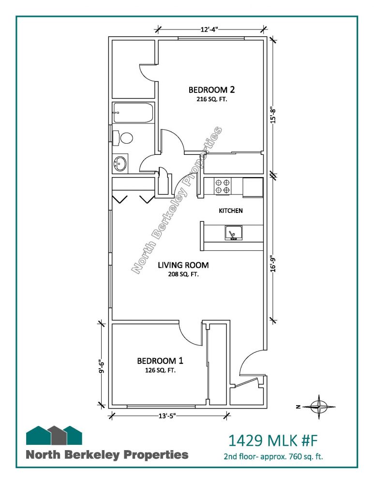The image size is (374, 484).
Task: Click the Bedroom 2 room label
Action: point(211,90)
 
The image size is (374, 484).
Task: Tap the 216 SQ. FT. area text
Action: point(212,99)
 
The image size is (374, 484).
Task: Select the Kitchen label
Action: point(230,211)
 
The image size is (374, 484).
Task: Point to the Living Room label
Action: point(183,265)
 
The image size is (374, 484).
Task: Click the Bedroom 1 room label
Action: point(160,361)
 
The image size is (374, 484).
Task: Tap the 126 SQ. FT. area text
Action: point(160,370)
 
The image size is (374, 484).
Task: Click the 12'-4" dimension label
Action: point(209,30)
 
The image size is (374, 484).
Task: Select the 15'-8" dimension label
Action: point(273,115)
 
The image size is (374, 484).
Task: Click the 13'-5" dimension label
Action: point(167,416)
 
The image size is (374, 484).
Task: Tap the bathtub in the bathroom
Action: point(134,113)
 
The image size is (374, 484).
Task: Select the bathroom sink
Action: point(120,163)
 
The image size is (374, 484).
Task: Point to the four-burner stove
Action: point(222,186)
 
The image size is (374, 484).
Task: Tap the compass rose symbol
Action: point(319,407)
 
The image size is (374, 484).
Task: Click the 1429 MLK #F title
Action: point(273,440)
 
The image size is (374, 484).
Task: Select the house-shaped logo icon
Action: point(54,435)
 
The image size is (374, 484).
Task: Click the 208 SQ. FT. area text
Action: point(183,274)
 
